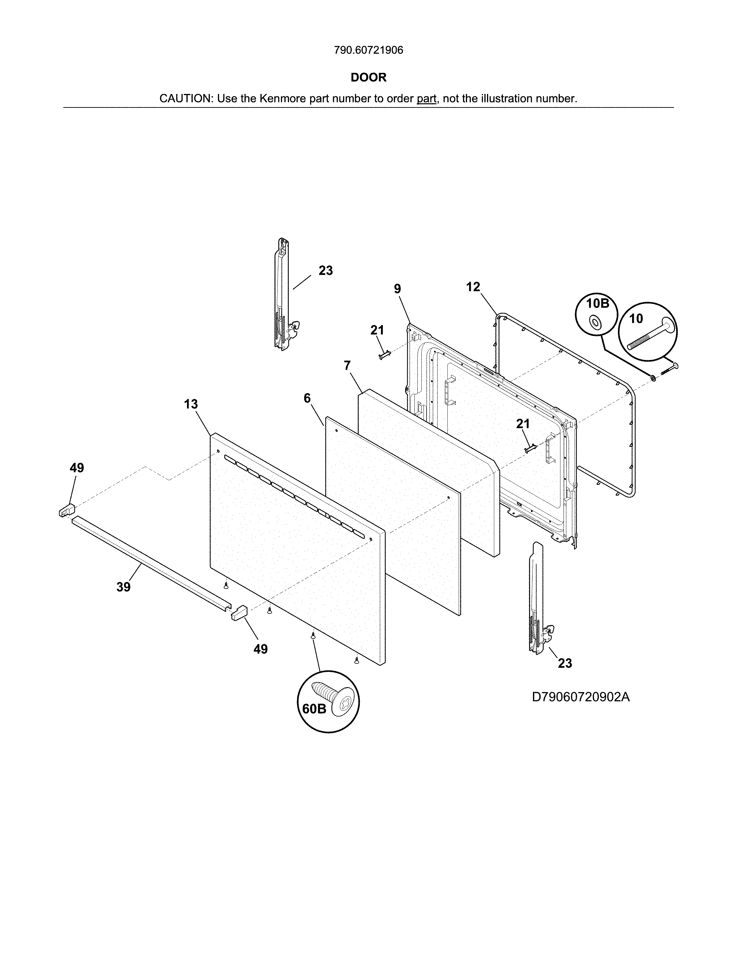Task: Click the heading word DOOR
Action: tap(368, 77)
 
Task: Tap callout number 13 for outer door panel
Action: tap(191, 404)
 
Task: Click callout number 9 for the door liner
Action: tap(397, 289)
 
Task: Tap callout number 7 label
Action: tap(347, 365)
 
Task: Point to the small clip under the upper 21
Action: tap(383, 356)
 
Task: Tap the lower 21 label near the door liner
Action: tap(523, 424)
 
